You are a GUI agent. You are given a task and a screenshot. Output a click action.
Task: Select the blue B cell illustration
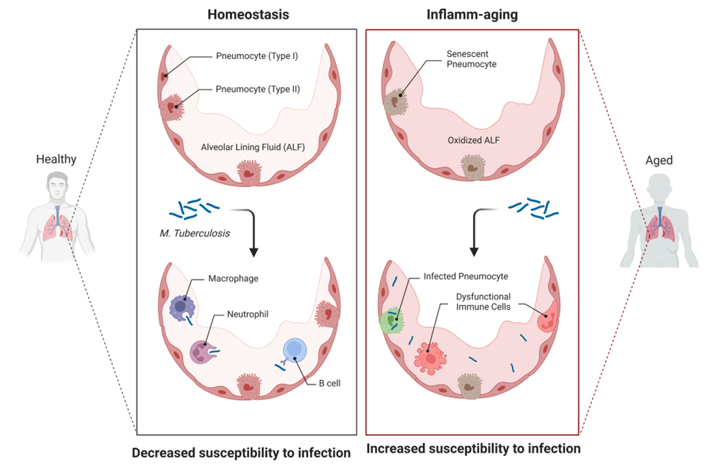[294, 350]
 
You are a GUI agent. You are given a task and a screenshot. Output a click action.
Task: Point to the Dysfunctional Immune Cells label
[483, 302]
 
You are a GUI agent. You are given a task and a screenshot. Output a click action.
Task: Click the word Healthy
[56, 159]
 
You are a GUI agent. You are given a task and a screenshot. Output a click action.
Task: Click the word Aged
[659, 160]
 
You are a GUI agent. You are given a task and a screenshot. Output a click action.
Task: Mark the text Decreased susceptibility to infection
[241, 453]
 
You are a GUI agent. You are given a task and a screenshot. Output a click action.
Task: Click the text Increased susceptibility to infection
[473, 450]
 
